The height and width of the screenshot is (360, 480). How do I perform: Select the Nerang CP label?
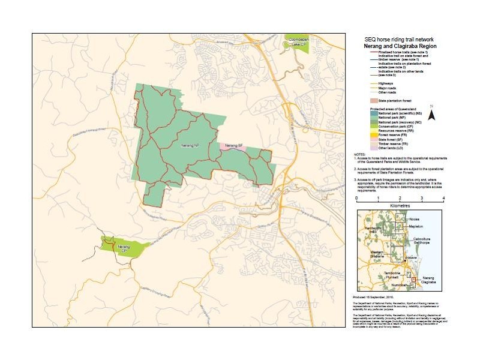tap(123, 248)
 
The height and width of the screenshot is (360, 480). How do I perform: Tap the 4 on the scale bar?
tap(443, 197)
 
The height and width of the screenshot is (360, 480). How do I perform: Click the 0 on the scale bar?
tap(357, 197)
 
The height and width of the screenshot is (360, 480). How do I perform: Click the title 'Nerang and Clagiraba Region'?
tap(400, 45)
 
